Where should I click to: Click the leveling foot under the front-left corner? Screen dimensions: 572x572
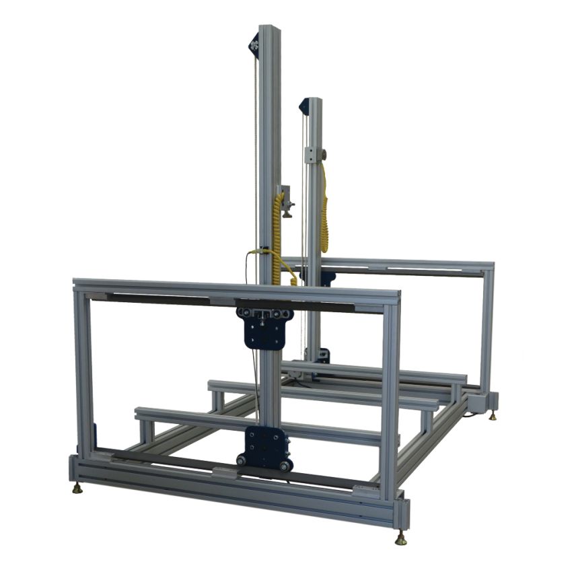coord(77,488)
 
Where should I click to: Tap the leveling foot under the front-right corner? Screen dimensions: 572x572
coord(401,539)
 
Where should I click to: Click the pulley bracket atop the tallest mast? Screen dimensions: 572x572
coord(254,45)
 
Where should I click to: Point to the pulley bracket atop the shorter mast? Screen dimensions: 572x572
coord(303,106)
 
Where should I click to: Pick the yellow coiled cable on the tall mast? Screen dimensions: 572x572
coord(277,236)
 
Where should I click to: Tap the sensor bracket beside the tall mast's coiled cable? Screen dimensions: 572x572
coord(287,200)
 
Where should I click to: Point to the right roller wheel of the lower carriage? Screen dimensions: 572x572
coord(285,465)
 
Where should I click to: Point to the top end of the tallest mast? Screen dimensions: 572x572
coord(269,28)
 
